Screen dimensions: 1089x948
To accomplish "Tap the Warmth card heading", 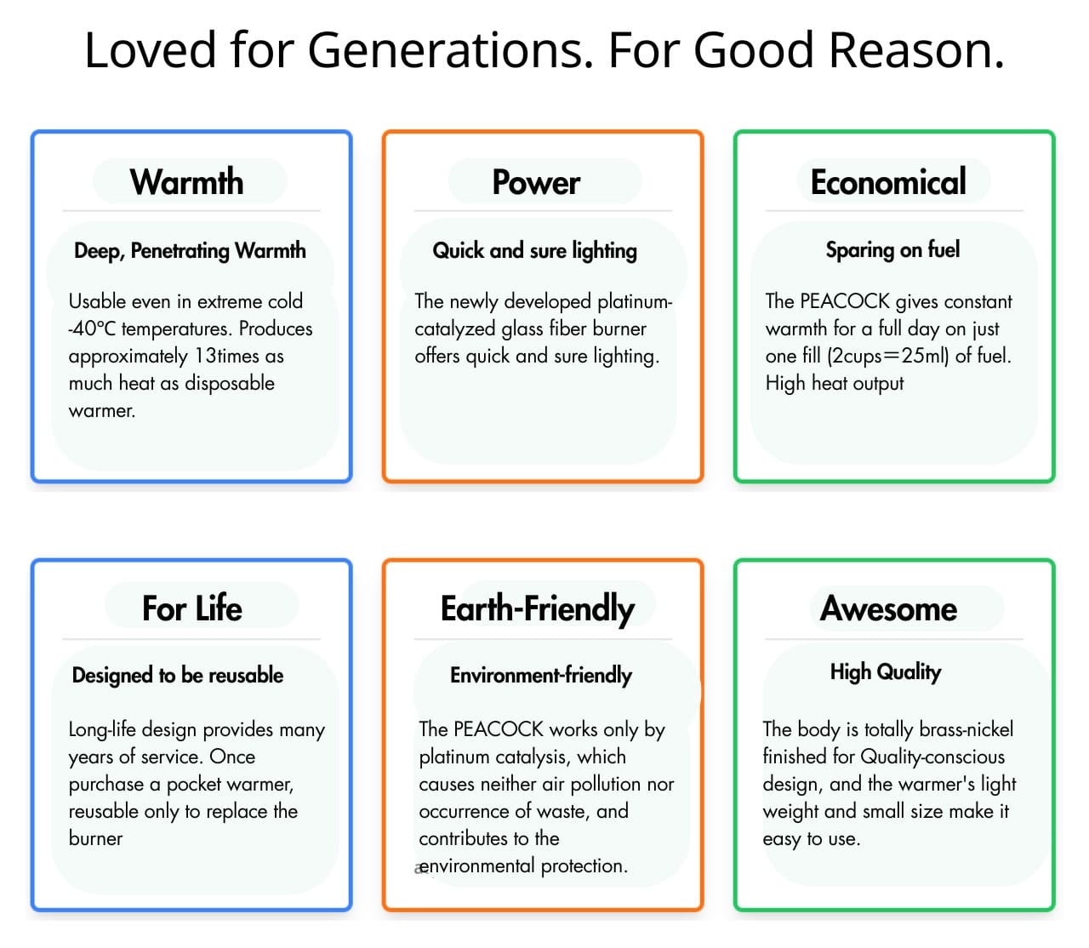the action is (187, 181).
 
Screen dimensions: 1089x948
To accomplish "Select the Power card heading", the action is (536, 183).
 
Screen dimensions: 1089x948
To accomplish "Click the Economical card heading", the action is (888, 181).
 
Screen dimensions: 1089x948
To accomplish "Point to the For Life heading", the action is (192, 608).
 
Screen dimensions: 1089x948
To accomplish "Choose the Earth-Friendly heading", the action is (538, 609).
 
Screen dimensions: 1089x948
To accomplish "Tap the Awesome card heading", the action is (888, 608).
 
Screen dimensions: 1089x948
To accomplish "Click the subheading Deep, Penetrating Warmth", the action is (190, 251).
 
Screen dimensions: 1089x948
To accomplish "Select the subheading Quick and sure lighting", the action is (534, 251).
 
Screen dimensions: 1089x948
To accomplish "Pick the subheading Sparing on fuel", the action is (892, 249).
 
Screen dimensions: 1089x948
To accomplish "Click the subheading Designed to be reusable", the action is (178, 675).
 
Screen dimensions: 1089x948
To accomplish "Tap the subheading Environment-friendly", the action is (541, 675).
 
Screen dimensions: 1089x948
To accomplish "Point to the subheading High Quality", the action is (885, 672).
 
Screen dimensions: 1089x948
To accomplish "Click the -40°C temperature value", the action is (92, 329).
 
